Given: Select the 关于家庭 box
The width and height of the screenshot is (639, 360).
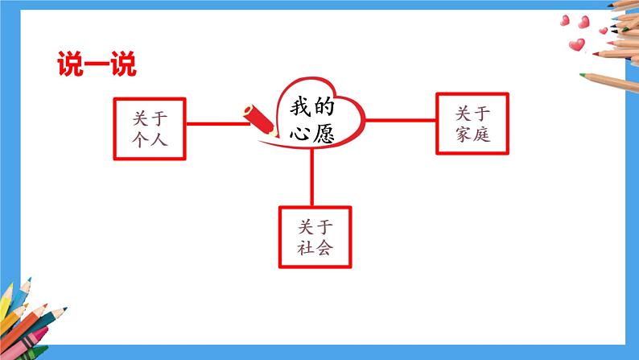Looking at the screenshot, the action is click(x=472, y=123).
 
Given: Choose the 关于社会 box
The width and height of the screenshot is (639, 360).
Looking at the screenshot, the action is click(x=315, y=236).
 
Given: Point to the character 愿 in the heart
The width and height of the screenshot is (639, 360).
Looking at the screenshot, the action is click(x=323, y=133).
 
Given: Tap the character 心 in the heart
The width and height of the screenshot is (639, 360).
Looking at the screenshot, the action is click(x=299, y=133).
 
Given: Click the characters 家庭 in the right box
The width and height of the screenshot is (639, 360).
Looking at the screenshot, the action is click(x=472, y=134).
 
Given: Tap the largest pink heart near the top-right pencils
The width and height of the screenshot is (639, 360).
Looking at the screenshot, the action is click(x=576, y=45).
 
